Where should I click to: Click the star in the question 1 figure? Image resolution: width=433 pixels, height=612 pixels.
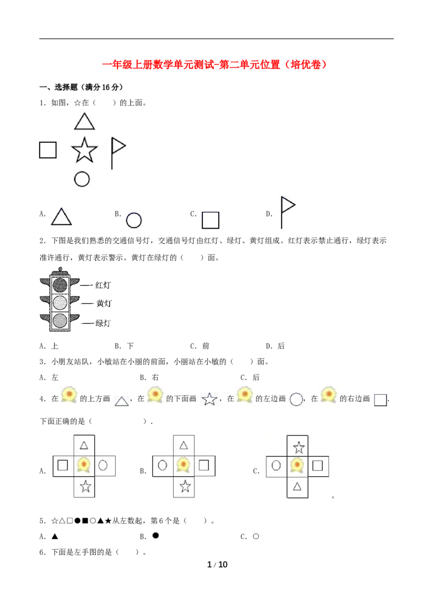point(84,150)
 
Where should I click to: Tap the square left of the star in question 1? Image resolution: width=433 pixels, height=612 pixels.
point(48,150)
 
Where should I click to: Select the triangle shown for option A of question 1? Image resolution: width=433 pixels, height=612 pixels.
point(61,217)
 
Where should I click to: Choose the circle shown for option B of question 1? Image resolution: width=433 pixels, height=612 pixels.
point(134,221)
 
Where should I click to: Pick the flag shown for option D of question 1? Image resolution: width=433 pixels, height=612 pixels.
point(287,212)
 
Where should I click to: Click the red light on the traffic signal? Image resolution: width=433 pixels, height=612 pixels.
point(60,285)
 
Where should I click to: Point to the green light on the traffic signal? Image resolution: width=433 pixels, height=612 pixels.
point(60,321)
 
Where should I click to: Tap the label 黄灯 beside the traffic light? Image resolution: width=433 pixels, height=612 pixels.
point(104,303)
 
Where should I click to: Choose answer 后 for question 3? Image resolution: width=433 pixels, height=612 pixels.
point(256,377)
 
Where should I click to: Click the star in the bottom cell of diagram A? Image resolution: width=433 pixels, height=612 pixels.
point(85,487)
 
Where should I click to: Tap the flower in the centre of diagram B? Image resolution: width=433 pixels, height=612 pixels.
point(183,465)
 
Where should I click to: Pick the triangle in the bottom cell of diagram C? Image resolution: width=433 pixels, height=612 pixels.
point(297,487)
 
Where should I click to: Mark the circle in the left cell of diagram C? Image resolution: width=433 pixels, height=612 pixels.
point(276,465)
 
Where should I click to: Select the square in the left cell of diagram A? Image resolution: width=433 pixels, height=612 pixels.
point(63,465)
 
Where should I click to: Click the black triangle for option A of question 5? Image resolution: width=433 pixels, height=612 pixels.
point(55,536)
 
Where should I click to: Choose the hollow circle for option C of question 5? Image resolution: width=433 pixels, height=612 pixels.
point(255,536)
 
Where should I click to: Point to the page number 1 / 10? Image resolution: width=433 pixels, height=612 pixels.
point(217,564)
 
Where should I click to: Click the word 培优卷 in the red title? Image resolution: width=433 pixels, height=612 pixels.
point(306,64)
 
